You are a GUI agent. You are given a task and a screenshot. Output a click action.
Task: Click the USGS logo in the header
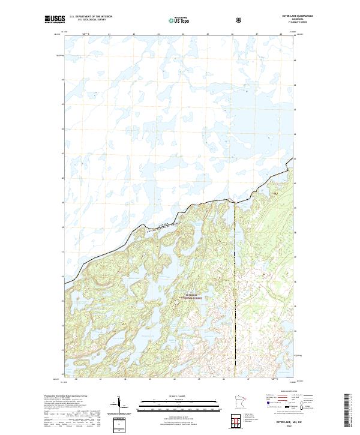[55, 20]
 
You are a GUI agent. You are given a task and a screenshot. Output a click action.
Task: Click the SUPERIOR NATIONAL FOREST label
[191, 296]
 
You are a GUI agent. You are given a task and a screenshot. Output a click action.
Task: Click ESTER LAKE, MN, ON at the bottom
[286, 422]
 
